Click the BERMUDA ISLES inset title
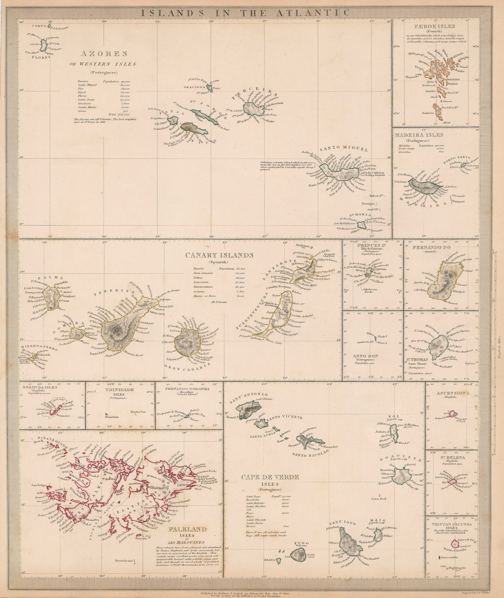click(38, 387)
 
